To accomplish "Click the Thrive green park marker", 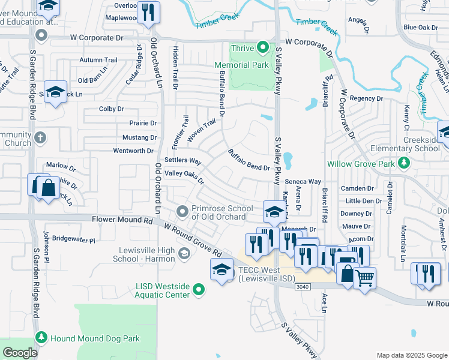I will coord(262,47).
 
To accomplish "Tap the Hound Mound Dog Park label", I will coord(95,338).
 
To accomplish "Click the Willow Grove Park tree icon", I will coord(405,163).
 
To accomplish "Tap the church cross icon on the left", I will coord(40,138).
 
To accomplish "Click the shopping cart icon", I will coord(364,278).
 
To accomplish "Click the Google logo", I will coord(20,352).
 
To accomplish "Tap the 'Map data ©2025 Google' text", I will coord(411,355).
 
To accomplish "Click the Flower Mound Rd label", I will coord(121,220).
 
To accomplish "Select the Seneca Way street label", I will coord(303,181).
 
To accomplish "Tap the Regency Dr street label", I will coord(366,98).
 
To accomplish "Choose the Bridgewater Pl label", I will coord(74,239).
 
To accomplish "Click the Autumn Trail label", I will coord(98,60).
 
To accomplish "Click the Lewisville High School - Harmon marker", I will coord(184,254).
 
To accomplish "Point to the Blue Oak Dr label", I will coord(421,27).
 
